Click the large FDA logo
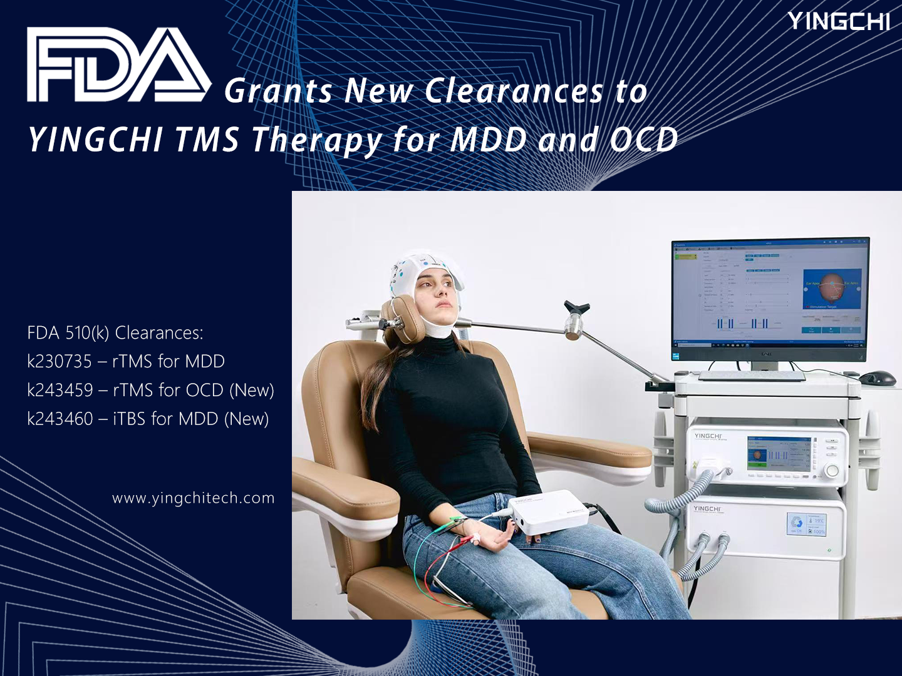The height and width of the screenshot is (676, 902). pyautogui.click(x=118, y=65)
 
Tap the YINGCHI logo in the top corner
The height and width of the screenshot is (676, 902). pyautogui.click(x=838, y=21)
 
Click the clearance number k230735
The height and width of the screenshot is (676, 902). pyautogui.click(x=60, y=361)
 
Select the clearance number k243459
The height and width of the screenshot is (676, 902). pyautogui.click(x=60, y=390)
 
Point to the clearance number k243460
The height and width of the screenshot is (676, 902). pyautogui.click(x=60, y=419)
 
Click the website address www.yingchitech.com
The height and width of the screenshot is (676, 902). pyautogui.click(x=193, y=498)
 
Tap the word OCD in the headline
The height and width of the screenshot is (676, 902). pyautogui.click(x=644, y=139)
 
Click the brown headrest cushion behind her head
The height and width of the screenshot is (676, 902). pyautogui.click(x=402, y=323)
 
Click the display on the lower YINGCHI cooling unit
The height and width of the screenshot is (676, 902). pyautogui.click(x=807, y=524)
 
